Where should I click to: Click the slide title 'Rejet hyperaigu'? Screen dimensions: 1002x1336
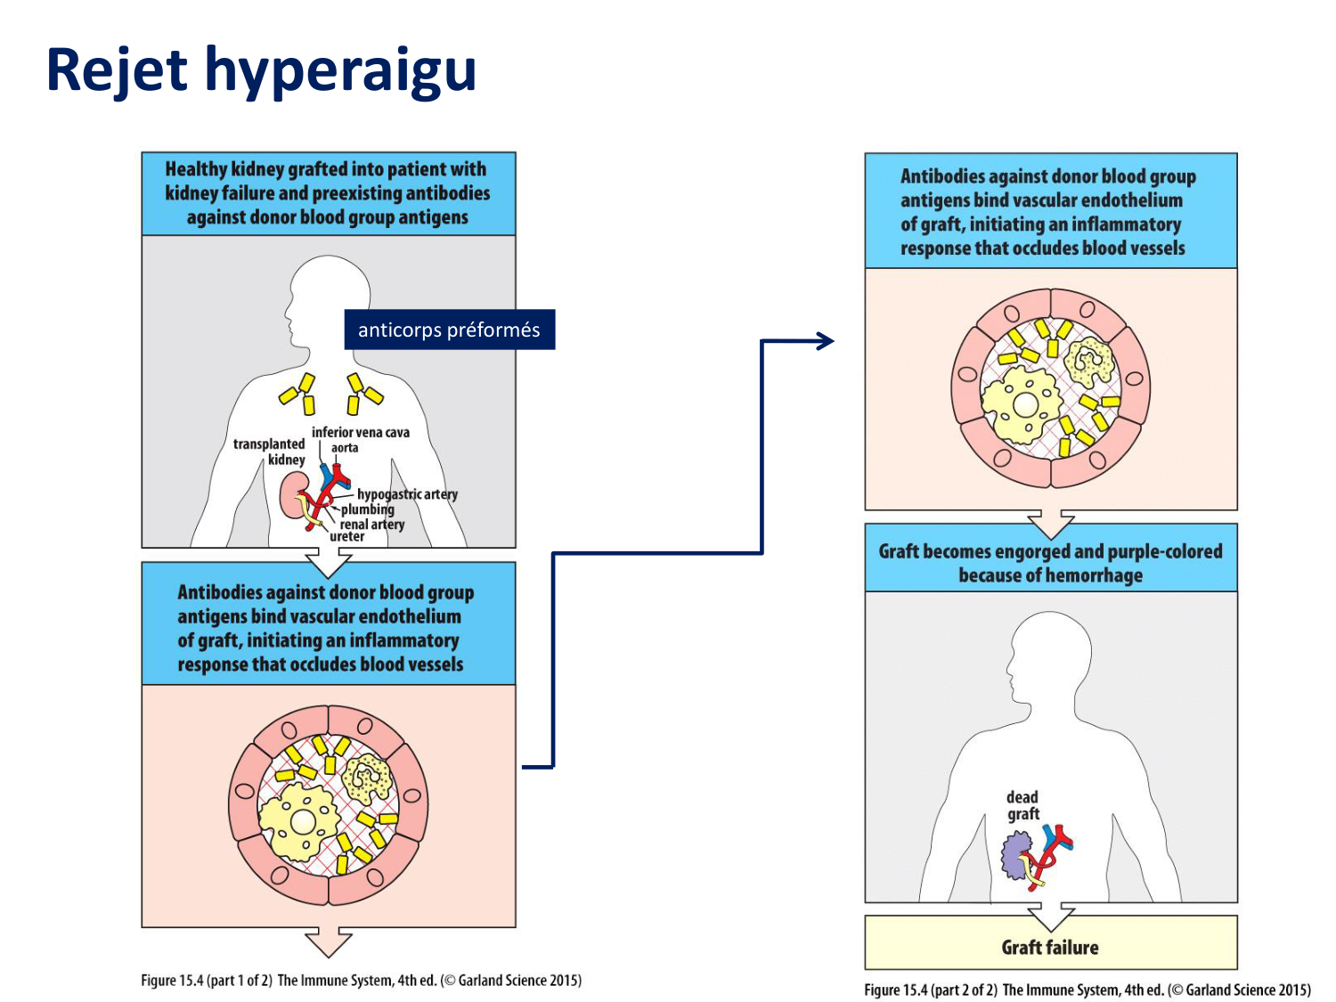click(x=261, y=69)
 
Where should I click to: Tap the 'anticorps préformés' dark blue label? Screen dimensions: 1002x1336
click(x=449, y=330)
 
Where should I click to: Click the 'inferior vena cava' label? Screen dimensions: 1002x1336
click(x=361, y=432)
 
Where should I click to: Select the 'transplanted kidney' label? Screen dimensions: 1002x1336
click(x=269, y=452)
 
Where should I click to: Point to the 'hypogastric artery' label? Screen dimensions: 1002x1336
click(x=407, y=494)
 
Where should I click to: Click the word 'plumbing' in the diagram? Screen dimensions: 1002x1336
click(x=368, y=509)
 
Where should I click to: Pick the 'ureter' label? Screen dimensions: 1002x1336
click(x=347, y=536)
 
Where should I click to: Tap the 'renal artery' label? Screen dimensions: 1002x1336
click(x=372, y=524)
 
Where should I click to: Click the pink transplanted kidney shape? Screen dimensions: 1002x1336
click(x=290, y=496)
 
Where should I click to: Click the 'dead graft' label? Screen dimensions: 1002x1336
click(x=1022, y=805)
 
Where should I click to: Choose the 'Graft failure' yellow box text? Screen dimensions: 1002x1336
click(x=1050, y=948)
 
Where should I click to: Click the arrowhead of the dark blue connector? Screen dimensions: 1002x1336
click(x=827, y=340)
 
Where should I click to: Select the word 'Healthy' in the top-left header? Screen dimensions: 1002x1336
click(x=196, y=169)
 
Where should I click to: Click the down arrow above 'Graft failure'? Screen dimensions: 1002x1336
click(x=1051, y=916)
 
